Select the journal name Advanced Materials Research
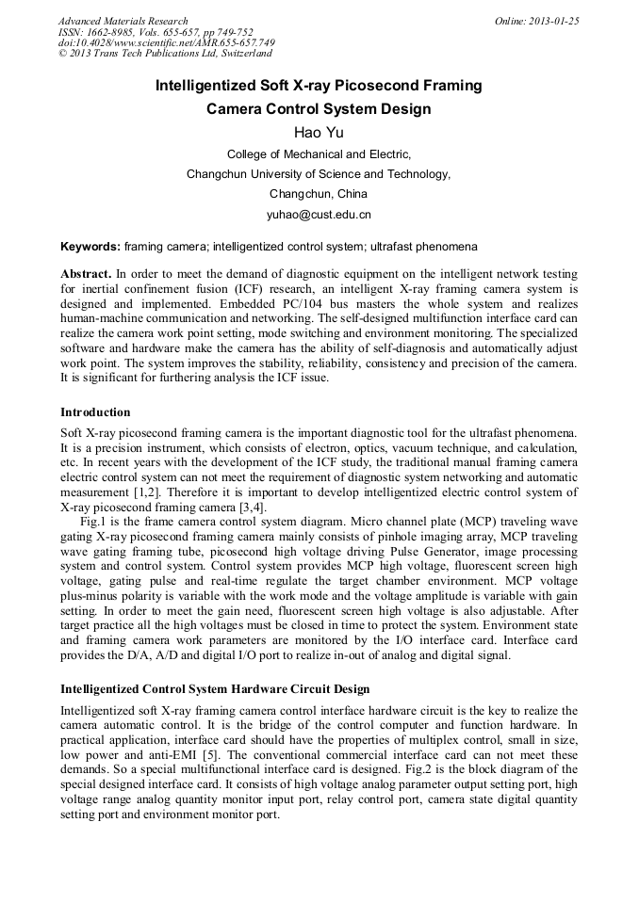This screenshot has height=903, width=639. coord(123,21)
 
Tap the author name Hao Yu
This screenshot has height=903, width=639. coord(319,133)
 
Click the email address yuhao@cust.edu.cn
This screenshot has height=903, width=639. coord(319,215)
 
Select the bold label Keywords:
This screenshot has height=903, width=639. coord(90,247)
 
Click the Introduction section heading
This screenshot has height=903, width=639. coord(95,412)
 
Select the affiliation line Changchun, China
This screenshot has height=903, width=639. coord(319,194)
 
